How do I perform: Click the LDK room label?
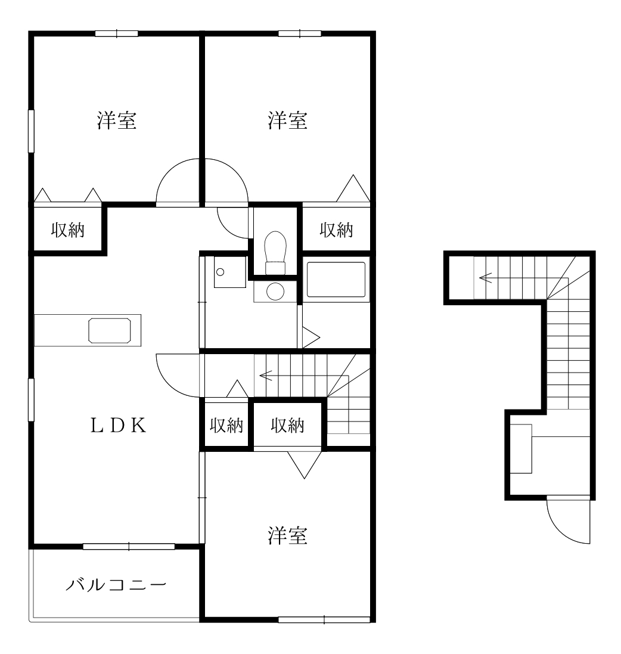[117, 425]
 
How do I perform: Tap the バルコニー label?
[115, 583]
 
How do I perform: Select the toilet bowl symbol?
[275, 246]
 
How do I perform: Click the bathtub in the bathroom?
[336, 280]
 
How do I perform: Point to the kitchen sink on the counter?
[110, 330]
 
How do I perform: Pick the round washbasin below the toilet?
[275, 292]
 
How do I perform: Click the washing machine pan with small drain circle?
[229, 272]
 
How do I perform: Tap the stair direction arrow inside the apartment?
[266, 376]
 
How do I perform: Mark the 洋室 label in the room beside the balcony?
[287, 536]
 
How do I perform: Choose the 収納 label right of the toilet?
[337, 230]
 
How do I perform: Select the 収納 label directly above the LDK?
[67, 230]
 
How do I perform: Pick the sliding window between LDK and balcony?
[129, 546]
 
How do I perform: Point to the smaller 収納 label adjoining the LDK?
[227, 426]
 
